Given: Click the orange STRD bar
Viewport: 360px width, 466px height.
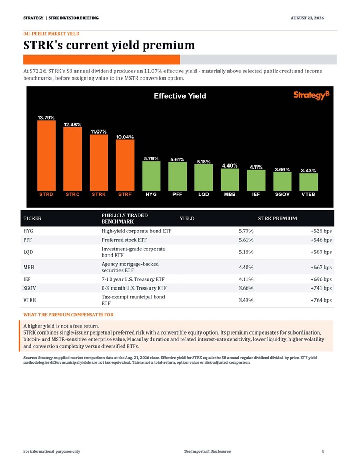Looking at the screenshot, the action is pos(46,156).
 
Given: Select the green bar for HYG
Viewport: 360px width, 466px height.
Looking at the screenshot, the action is pos(151,176).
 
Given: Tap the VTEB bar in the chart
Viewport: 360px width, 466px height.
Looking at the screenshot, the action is pos(308,182).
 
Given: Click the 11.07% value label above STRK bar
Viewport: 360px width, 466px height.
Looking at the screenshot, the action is pos(99,131).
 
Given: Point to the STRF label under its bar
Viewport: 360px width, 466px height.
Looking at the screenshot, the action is pos(125,194).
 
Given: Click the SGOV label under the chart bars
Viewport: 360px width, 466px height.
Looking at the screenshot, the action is pos(282,194).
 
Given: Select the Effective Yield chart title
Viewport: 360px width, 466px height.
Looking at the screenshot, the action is pos(180,96).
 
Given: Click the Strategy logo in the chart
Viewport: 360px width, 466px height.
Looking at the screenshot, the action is pos(311,95).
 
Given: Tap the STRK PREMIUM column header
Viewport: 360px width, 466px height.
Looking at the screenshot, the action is pos(277,218).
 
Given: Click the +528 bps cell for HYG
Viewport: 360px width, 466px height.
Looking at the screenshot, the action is pos(321,231).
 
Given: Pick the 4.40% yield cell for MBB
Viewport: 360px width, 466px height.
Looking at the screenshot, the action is pos(246,267).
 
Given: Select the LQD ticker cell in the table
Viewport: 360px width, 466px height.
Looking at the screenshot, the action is pos(28,252).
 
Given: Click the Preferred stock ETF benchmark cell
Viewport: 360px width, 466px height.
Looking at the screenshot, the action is pos(124,240).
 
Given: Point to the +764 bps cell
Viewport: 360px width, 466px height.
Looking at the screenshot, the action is pos(321,300).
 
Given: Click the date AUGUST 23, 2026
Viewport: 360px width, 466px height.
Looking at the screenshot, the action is pos(308,18).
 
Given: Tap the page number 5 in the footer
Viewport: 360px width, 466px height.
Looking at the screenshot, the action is pos(323,451).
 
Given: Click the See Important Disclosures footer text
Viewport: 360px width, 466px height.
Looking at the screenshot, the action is pos(208,451).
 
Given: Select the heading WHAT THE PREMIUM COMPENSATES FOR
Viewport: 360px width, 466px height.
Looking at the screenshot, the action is pos(68,315).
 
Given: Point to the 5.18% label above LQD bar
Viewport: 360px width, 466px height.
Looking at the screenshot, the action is pos(203,162).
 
